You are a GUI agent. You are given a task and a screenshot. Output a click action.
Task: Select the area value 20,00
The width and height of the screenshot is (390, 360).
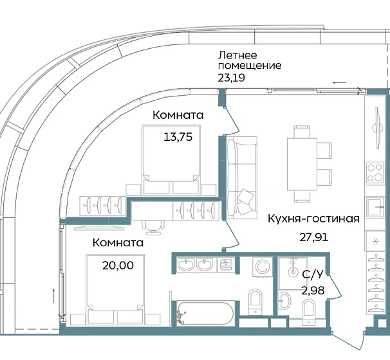click(118, 264)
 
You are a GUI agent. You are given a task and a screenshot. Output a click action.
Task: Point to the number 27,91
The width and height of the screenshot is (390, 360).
click(313, 237)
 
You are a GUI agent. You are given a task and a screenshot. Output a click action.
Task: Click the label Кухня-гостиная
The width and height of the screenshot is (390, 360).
click(313, 218)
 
